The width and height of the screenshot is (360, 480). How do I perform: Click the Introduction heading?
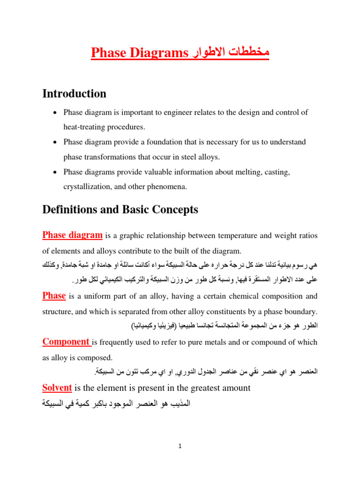(74, 94)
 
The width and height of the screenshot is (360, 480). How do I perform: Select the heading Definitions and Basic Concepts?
(120, 210)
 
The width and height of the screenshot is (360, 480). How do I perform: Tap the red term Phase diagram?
(72, 235)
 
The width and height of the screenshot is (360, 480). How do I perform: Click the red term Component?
(66, 342)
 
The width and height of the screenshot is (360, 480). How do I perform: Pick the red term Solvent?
(57, 388)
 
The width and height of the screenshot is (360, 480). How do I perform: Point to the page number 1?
(180, 447)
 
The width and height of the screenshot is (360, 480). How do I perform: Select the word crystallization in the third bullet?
(86, 186)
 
